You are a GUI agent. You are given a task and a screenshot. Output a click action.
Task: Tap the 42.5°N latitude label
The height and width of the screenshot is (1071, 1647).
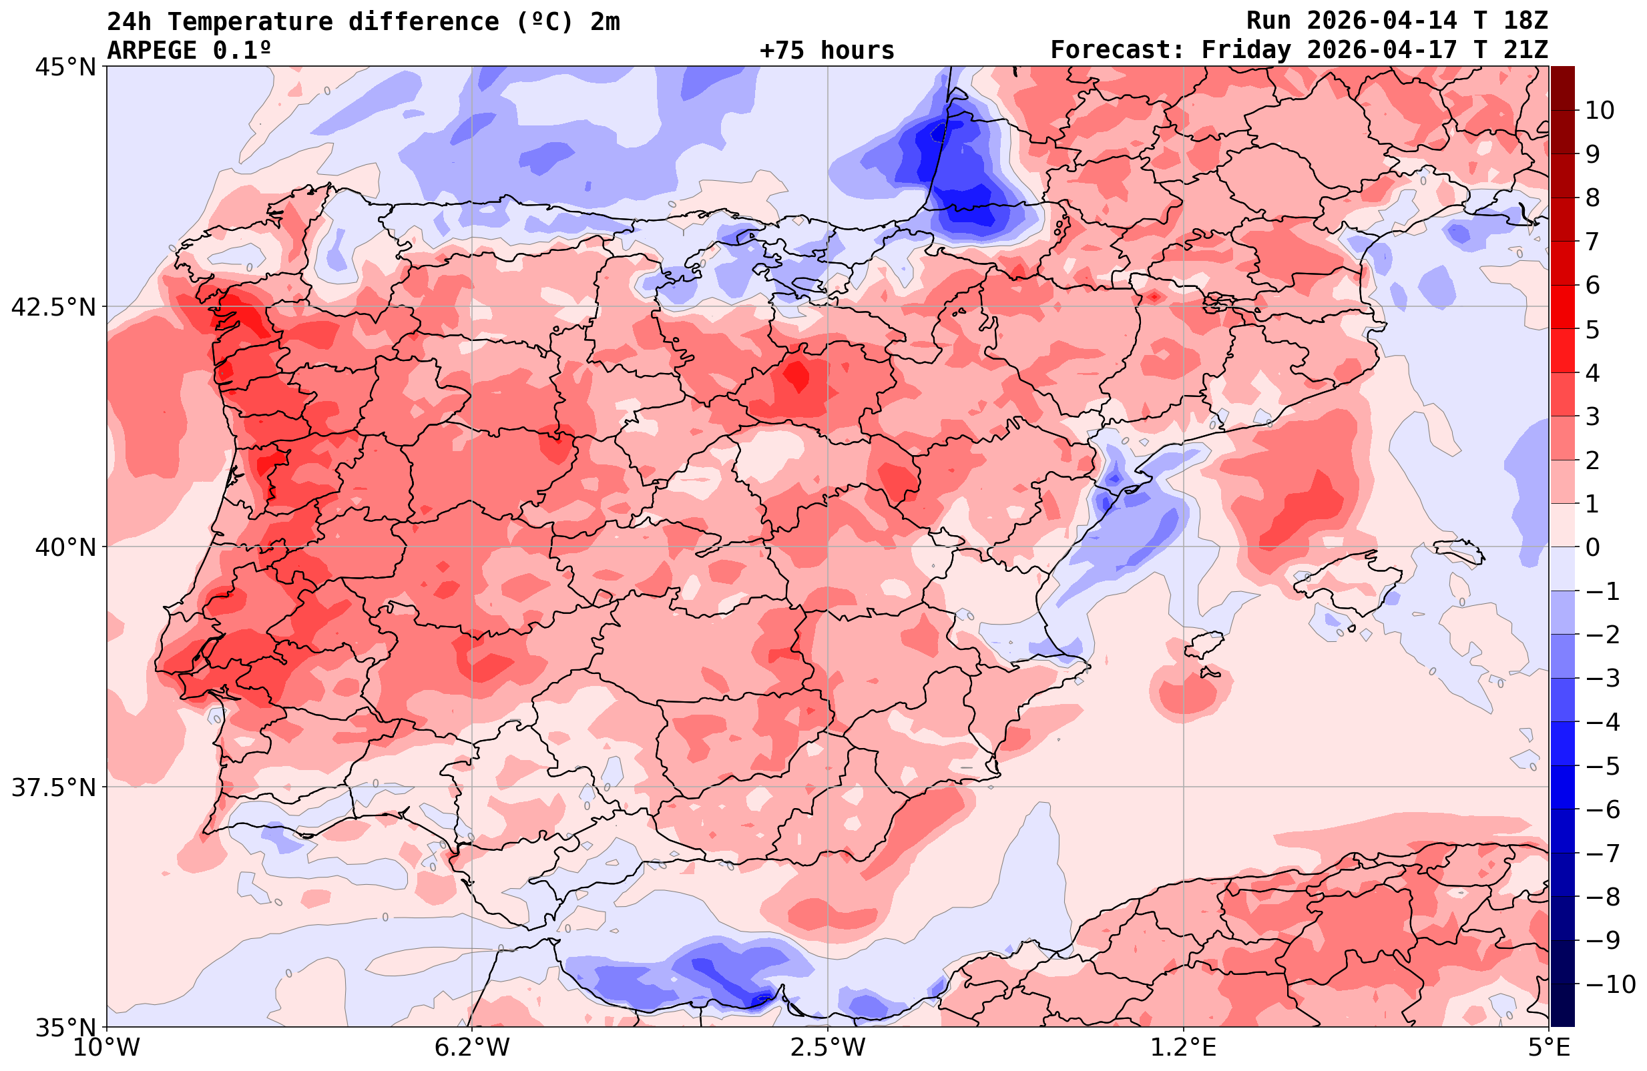click(53, 306)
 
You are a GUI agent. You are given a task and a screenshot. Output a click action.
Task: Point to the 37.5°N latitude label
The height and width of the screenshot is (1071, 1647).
click(53, 787)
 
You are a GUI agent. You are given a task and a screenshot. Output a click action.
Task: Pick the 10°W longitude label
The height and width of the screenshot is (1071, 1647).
click(106, 1048)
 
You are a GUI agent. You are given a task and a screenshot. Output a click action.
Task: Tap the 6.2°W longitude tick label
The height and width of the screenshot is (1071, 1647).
click(472, 1048)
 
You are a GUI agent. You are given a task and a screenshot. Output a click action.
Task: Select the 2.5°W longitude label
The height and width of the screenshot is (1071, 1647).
click(828, 1048)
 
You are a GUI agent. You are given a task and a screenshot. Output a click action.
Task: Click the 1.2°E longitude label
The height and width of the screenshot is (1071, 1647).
click(1184, 1048)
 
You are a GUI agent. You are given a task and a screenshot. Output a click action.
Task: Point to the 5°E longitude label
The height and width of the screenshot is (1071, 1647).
click(1548, 1048)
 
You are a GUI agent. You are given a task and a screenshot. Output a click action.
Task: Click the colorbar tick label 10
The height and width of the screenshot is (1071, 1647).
click(1599, 110)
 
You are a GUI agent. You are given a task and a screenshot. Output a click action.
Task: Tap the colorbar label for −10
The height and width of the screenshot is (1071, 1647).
click(1610, 984)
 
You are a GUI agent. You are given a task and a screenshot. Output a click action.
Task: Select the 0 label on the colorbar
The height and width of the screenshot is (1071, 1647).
click(1592, 547)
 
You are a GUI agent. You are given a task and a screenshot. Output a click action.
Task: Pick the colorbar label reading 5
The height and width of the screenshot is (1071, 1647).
click(1592, 330)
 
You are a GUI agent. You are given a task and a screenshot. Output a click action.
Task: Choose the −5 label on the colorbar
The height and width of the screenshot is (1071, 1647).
click(1603, 766)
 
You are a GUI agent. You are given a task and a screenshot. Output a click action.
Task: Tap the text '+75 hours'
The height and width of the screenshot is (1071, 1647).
click(827, 51)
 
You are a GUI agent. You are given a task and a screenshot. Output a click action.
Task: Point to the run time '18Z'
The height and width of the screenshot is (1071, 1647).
click(1525, 21)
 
